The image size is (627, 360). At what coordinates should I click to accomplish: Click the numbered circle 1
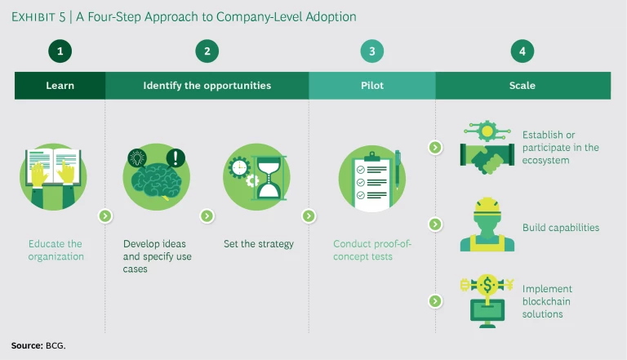tap(60, 51)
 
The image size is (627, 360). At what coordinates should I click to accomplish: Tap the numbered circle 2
tap(207, 51)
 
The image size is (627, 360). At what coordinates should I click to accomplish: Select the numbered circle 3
tap(371, 51)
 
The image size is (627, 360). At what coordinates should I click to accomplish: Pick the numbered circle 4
tap(522, 51)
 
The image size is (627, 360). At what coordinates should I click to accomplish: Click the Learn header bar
tap(60, 85)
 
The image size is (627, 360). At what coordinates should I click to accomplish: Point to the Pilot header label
tap(371, 85)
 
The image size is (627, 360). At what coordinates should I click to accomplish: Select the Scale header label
tap(522, 85)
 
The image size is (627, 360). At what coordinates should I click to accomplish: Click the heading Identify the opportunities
tap(207, 85)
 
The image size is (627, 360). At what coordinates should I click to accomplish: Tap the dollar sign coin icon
tap(488, 285)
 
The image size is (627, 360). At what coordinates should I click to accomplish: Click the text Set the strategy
tap(258, 244)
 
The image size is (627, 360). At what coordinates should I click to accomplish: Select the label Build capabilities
tap(561, 228)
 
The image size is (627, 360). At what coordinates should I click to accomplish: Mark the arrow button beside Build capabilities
tap(435, 224)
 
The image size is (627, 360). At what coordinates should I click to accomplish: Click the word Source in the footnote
tap(26, 345)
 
